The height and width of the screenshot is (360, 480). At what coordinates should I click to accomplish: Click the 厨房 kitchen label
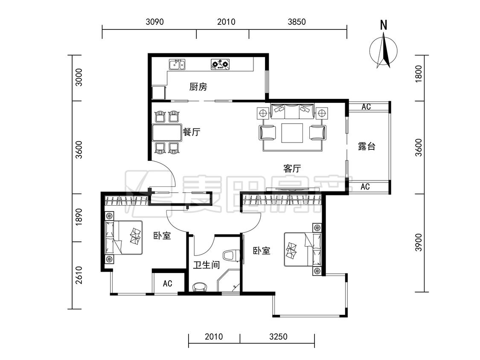tap(198, 87)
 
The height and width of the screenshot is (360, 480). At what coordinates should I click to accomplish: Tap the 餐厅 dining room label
tap(192, 132)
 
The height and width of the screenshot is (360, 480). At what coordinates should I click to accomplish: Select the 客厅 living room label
tap(292, 168)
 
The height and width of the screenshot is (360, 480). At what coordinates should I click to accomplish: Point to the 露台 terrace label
tap(367, 146)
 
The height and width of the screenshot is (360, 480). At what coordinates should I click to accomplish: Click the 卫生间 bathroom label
tap(207, 265)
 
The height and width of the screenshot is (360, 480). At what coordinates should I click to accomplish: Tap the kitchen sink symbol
tap(177, 64)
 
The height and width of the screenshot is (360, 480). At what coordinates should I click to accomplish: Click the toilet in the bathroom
tap(231, 256)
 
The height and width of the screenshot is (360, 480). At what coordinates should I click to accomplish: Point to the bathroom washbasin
tap(200, 287)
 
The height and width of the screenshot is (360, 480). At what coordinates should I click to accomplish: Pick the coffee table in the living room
tap(292, 133)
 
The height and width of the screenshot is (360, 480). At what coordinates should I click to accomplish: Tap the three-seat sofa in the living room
tap(292, 111)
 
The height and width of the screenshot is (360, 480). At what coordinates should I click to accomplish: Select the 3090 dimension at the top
tap(154, 22)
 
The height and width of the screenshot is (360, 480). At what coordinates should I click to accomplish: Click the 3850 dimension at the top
tap(297, 22)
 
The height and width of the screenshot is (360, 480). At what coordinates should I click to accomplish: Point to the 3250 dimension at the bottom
tap(278, 337)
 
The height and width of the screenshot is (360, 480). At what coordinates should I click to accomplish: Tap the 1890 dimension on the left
tap(79, 217)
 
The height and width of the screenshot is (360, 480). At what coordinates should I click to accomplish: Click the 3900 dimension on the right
tap(419, 243)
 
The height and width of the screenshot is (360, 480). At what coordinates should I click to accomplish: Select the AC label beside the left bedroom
tap(167, 284)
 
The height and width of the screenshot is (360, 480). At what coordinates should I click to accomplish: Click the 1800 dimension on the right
tap(419, 73)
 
